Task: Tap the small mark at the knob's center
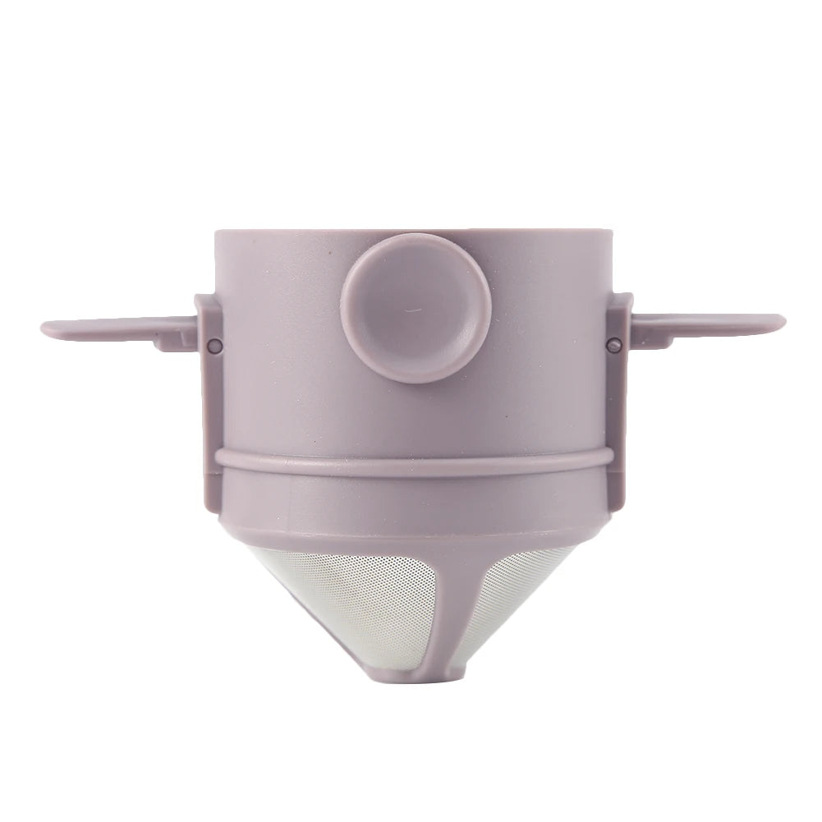click(x=411, y=311)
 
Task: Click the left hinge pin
click(x=212, y=343)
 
